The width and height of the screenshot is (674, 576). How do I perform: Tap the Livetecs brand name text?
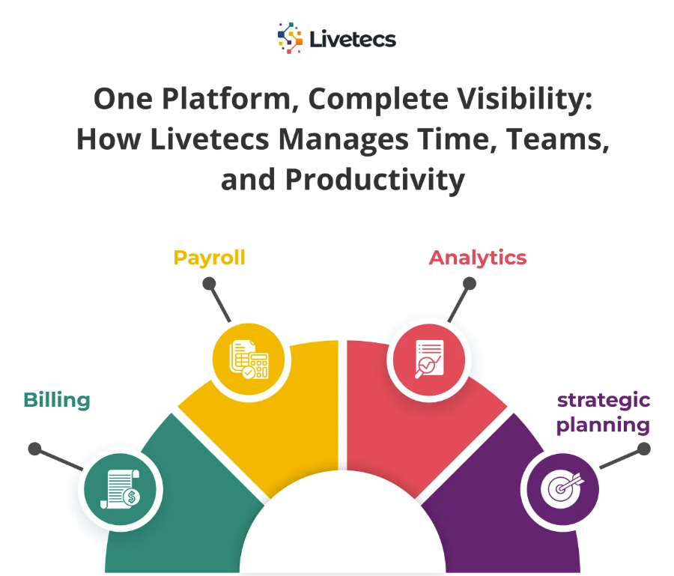tap(352, 38)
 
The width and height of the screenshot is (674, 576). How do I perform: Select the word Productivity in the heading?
tap(375, 181)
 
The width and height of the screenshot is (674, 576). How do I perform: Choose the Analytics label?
tap(477, 258)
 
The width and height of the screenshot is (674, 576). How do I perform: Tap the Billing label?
tap(57, 400)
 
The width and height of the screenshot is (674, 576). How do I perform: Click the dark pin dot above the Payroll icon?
tap(210, 284)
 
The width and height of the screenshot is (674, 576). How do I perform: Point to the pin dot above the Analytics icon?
tap(470, 284)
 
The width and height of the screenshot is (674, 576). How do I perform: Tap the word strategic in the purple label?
tap(604, 400)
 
